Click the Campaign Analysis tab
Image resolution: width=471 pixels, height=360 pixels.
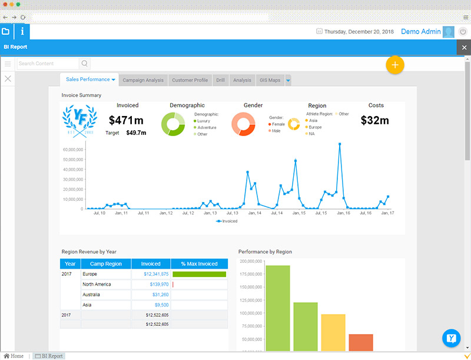[143, 80]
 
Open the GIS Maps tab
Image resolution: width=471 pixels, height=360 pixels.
[270, 80]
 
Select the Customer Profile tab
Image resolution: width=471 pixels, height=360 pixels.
[190, 80]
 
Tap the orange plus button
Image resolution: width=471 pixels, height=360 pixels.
[395, 64]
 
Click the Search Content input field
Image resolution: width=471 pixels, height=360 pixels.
[47, 64]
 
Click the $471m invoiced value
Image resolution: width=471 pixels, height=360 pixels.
[128, 120]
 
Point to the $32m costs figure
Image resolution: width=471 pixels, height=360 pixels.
[375, 120]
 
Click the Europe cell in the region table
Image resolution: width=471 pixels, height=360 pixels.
[90, 274]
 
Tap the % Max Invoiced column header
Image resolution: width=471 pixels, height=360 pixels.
[199, 264]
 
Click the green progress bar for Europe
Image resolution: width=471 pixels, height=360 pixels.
[199, 274]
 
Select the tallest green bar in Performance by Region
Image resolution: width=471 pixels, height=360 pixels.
[278, 306]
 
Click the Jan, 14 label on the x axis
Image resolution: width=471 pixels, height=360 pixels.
[255, 213]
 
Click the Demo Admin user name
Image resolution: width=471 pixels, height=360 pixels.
[420, 31]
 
